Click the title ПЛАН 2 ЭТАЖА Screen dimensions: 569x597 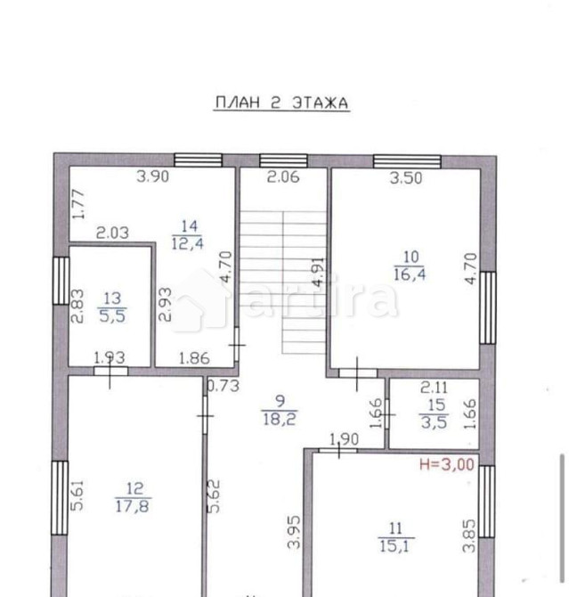click(281, 102)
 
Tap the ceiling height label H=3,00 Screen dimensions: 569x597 click(446, 464)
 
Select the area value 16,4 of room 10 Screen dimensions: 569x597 click(410, 274)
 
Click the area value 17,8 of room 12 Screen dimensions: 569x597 click(133, 506)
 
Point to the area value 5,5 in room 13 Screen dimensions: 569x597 click(112, 316)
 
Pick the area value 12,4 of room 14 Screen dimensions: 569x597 click(187, 243)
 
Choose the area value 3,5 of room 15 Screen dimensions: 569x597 click(434, 422)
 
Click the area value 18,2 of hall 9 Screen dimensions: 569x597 click(280, 419)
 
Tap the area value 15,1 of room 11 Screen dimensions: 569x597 click(394, 546)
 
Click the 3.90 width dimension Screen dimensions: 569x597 click(152, 176)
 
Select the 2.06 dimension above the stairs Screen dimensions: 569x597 click(283, 177)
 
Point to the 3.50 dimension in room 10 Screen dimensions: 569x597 click(406, 178)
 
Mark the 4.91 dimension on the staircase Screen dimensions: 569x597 click(318, 272)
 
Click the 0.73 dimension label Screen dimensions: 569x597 click(223, 386)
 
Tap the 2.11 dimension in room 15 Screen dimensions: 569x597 click(434, 388)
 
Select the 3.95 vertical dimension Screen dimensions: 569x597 click(294, 532)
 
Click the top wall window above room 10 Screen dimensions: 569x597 click(407, 161)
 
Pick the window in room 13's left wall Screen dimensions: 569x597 click(61, 281)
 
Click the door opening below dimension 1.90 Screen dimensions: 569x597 click(337, 450)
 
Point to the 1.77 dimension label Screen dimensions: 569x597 click(78, 204)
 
